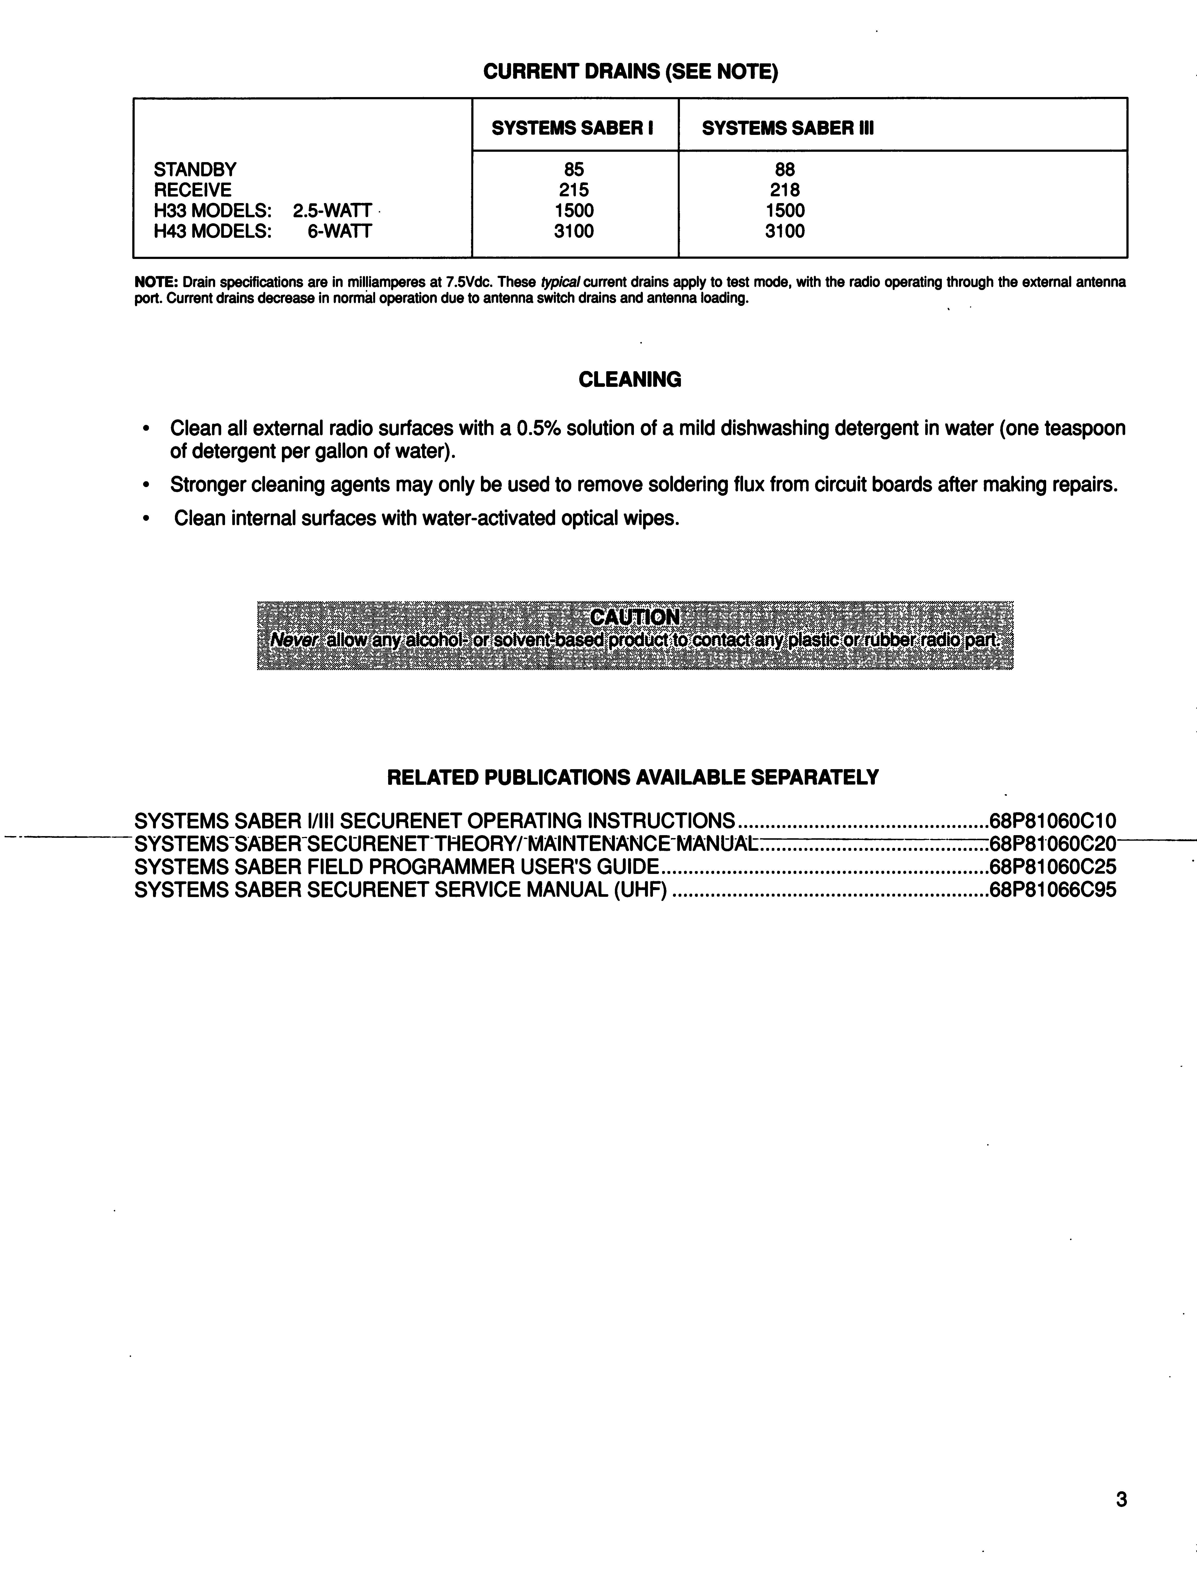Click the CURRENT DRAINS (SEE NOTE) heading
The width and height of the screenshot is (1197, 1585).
(x=630, y=72)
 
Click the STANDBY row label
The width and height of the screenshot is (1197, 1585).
(x=195, y=170)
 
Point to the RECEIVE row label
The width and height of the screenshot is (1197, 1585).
(x=193, y=191)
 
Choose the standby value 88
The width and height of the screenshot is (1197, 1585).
(x=785, y=170)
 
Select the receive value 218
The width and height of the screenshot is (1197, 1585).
(x=785, y=191)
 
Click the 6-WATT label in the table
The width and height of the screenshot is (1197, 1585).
(x=340, y=231)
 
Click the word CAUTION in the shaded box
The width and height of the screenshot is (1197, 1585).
(x=634, y=617)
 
